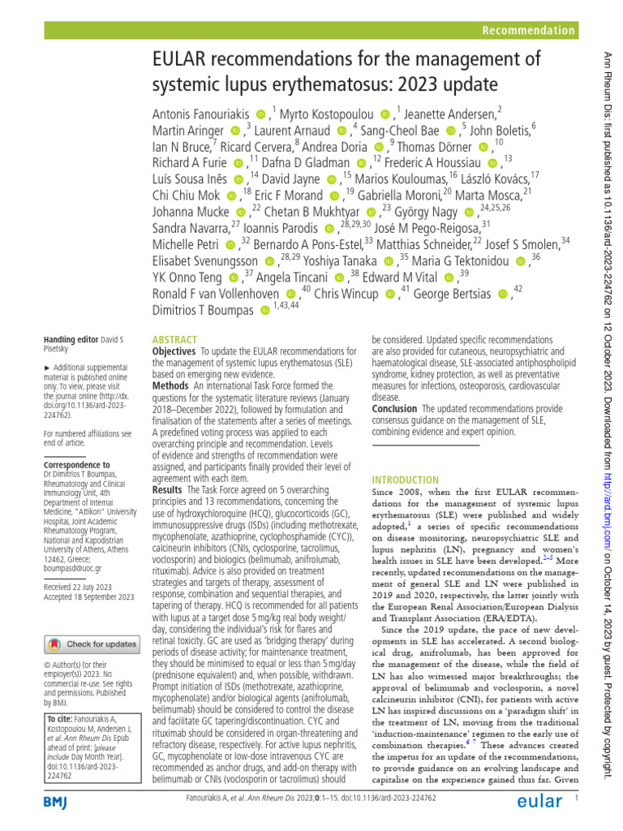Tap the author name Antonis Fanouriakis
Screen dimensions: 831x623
pos(201,113)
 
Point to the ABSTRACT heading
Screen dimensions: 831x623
pos(174,339)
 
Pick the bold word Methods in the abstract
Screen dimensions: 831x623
pos(171,386)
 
